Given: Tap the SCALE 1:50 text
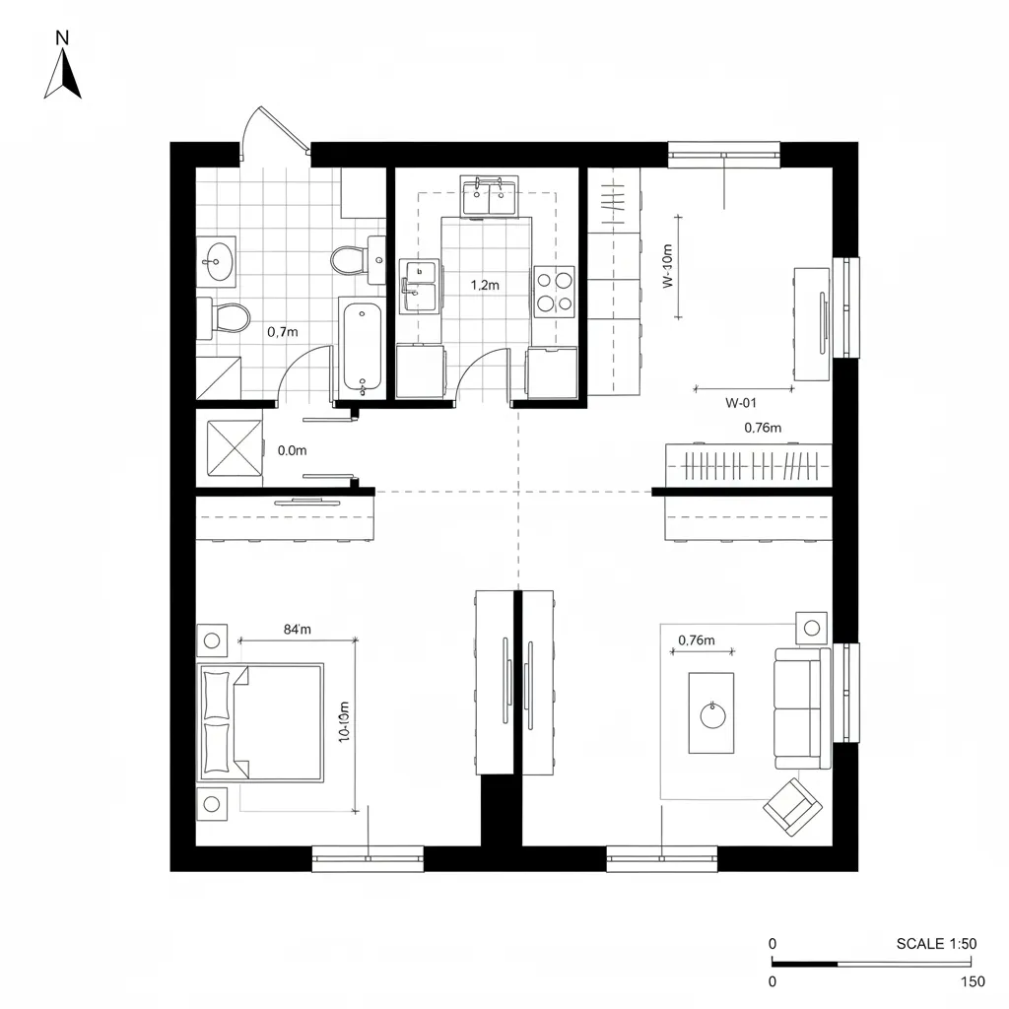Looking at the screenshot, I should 936,943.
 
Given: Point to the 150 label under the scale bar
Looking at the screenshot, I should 972,981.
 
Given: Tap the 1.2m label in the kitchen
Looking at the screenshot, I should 485,285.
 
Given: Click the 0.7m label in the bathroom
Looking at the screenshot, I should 282,332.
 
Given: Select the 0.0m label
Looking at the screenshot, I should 293,450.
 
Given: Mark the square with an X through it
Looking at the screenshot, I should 235,450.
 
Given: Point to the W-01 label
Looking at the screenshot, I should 741,402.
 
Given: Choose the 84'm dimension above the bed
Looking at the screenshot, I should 297,629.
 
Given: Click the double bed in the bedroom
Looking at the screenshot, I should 262,722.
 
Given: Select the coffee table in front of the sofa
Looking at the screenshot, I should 710,712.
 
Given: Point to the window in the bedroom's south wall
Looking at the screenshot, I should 368,858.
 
